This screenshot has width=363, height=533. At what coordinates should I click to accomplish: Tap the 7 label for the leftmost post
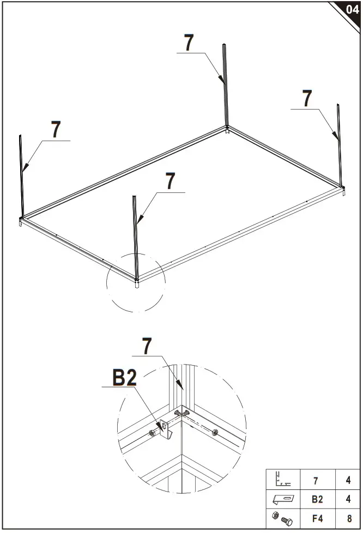[56, 130]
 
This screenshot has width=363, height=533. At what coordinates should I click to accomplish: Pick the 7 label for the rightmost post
[307, 99]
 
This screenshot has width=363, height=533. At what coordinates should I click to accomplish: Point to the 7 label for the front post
[171, 181]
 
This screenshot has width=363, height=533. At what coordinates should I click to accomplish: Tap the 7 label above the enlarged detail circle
[146, 346]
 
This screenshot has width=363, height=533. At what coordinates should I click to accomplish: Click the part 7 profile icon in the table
[283, 480]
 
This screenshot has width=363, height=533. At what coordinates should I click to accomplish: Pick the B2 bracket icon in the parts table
[283, 499]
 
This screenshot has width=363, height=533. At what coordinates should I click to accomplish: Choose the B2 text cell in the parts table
[316, 499]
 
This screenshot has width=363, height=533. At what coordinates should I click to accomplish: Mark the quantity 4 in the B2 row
[349, 499]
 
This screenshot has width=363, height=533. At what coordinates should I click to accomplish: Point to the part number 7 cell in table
[316, 480]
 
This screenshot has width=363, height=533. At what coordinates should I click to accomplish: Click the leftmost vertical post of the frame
[22, 174]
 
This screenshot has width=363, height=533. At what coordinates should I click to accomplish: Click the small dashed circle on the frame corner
[136, 282]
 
